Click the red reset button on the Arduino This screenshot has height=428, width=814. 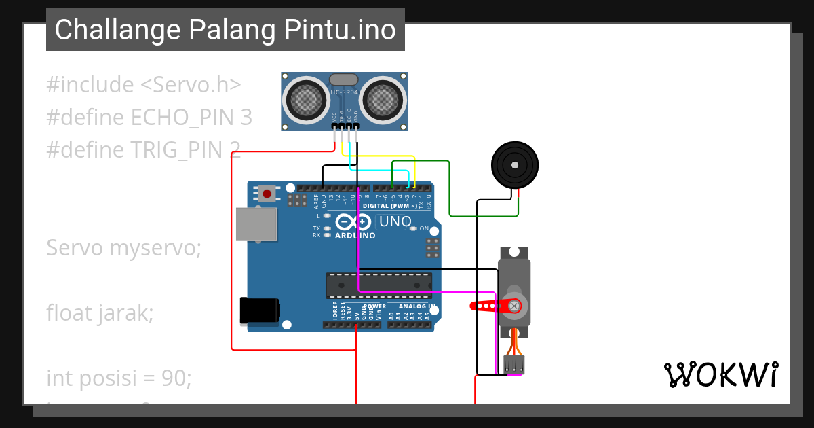click(x=267, y=194)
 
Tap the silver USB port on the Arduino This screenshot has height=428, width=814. click(x=256, y=224)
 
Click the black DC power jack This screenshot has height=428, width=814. click(x=260, y=310)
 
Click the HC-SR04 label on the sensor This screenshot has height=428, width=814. click(x=345, y=91)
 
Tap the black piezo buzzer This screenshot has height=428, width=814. click(x=515, y=166)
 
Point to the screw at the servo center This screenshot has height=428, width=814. click(x=515, y=306)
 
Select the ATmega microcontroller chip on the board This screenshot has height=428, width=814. click(x=379, y=285)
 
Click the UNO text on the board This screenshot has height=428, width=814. click(x=395, y=221)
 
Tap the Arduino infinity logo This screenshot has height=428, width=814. click(x=353, y=222)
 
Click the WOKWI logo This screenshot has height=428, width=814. click(x=720, y=374)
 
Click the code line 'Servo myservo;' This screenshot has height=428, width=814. click(x=123, y=248)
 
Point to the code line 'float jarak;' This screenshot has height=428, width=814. click(x=100, y=313)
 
